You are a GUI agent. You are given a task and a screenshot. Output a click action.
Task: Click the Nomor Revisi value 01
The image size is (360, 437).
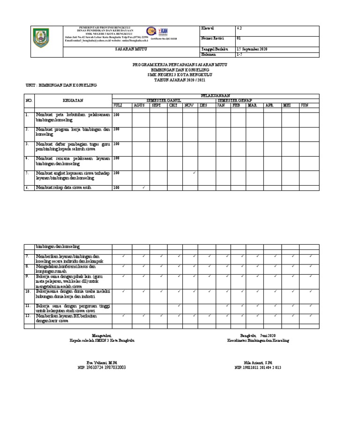pyautogui.click(x=239, y=38)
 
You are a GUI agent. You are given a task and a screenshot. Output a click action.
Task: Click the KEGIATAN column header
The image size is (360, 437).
pyautogui.click(x=73, y=100)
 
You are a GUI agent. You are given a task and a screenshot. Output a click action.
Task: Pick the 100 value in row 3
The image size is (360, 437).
pyautogui.click(x=116, y=144)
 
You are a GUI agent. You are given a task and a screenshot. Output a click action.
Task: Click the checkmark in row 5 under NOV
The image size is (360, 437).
pyautogui.click(x=194, y=173)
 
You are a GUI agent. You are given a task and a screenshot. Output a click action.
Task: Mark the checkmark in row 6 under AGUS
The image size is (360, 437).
pyautogui.click(x=143, y=188)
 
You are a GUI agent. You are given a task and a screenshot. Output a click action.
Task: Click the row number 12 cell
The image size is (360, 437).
pyautogui.click(x=28, y=316)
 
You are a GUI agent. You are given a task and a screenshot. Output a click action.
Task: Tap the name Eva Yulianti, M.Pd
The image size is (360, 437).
pyautogui.click(x=102, y=363)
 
